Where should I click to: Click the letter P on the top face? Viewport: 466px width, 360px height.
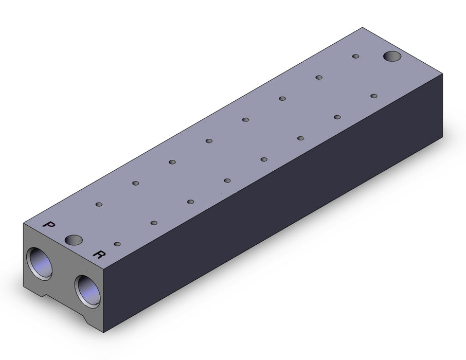point(49,224)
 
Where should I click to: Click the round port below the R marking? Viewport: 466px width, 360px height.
point(87,292)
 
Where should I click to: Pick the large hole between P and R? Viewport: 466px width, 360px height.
point(74,240)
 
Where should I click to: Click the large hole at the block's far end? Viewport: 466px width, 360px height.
point(392,56)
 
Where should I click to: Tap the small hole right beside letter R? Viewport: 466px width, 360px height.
point(117,244)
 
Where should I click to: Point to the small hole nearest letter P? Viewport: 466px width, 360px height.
point(99,205)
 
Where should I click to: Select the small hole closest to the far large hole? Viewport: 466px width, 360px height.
point(355,56)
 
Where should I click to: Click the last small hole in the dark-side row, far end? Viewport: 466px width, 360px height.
point(374,96)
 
